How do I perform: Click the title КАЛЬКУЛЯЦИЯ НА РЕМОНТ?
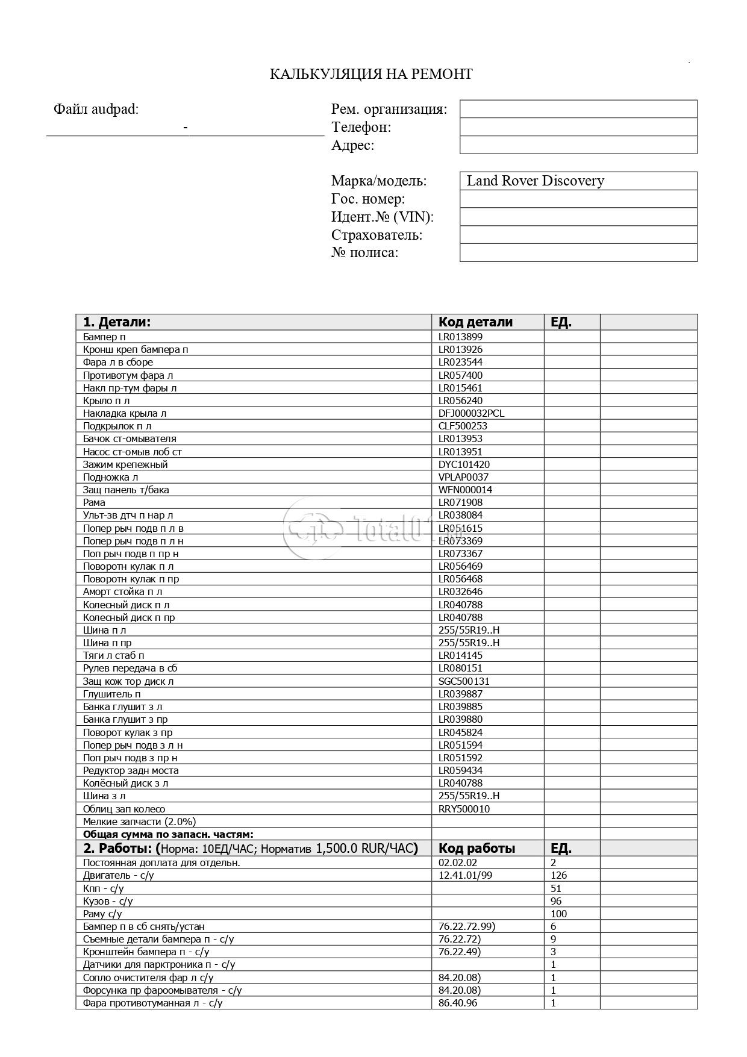coord(370,74)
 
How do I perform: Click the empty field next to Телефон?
coord(578,127)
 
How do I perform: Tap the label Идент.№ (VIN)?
coord(382,217)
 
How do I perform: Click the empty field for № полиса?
coord(578,252)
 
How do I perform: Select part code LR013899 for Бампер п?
coord(460,337)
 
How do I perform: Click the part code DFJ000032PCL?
coord(471,413)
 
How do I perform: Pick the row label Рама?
coord(94,502)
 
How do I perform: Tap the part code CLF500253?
coord(463,426)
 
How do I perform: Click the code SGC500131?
coord(464,681)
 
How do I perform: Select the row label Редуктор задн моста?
coord(131,770)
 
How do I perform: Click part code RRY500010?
coord(464,809)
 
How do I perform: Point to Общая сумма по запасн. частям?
coord(168,834)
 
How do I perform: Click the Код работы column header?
coord(477,849)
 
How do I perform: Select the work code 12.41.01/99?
coord(465,875)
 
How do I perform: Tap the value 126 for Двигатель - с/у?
coord(558,875)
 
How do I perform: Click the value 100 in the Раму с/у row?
coord(558,914)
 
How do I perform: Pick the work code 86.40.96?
coord(458,1003)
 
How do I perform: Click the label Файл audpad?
coord(96,109)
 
